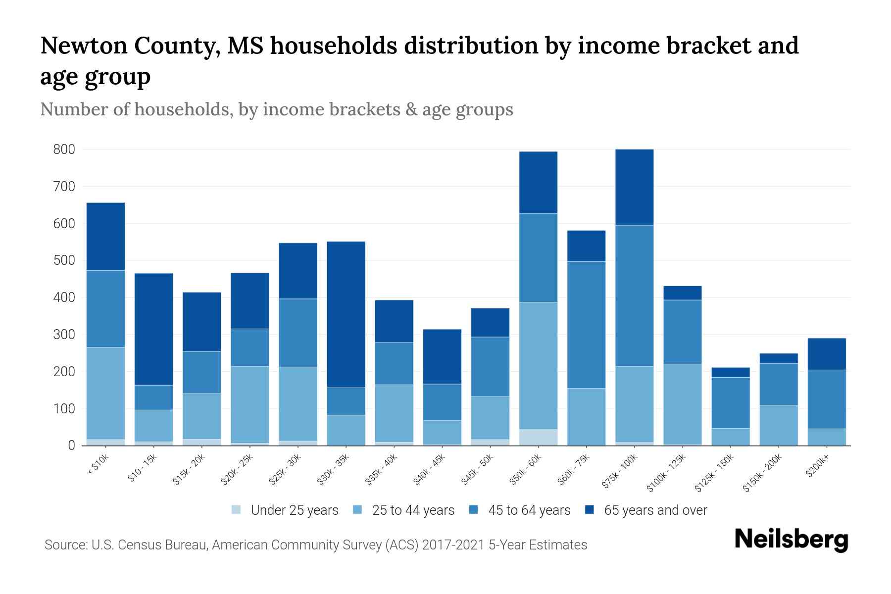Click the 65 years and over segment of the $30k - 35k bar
[346, 314]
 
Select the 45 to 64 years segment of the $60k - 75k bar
[586, 325]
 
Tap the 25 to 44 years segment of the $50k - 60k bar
[538, 365]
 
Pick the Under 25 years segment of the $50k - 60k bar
[538, 438]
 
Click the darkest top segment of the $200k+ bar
[827, 354]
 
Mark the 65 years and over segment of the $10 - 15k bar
[153, 329]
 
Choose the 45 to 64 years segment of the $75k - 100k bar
[634, 296]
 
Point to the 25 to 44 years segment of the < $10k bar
[105, 393]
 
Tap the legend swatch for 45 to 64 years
[473, 510]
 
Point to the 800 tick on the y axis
[64, 149]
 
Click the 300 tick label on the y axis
[64, 335]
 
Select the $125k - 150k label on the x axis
[715, 473]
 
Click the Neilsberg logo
[791, 540]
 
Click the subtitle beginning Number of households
[276, 109]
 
